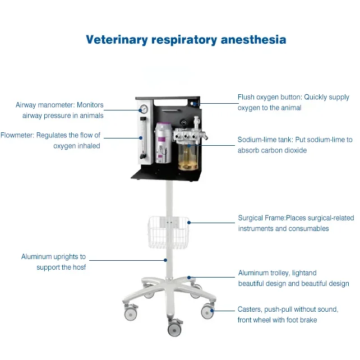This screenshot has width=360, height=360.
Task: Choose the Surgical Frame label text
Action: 262,218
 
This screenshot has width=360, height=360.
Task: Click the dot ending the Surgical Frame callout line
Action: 190,223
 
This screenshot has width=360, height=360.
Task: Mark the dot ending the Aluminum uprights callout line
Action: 166,260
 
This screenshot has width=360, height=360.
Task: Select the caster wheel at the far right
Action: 208,311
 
